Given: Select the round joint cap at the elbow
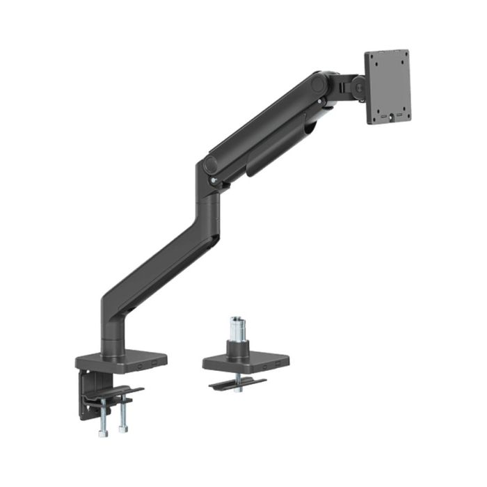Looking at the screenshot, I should coord(209,165).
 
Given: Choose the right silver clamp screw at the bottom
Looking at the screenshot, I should coord(124,416).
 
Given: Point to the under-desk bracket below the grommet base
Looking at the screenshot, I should coord(237,382).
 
